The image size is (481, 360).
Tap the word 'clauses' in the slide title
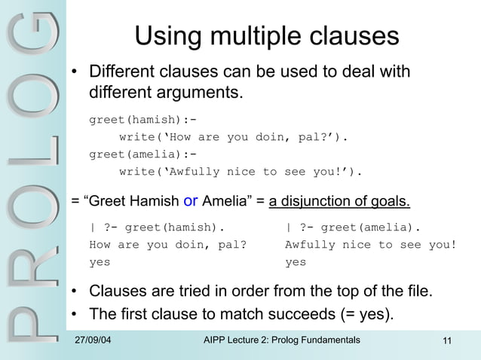tap(352, 36)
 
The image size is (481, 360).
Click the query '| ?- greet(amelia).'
tap(353, 227)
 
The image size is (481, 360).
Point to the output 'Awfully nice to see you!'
tap(371, 245)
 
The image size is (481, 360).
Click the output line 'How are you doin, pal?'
tap(168, 245)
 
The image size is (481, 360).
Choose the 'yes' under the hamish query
tap(100, 263)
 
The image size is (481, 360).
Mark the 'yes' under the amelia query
tap(296, 263)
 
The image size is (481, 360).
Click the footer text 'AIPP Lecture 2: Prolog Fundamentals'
tap(282, 343)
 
